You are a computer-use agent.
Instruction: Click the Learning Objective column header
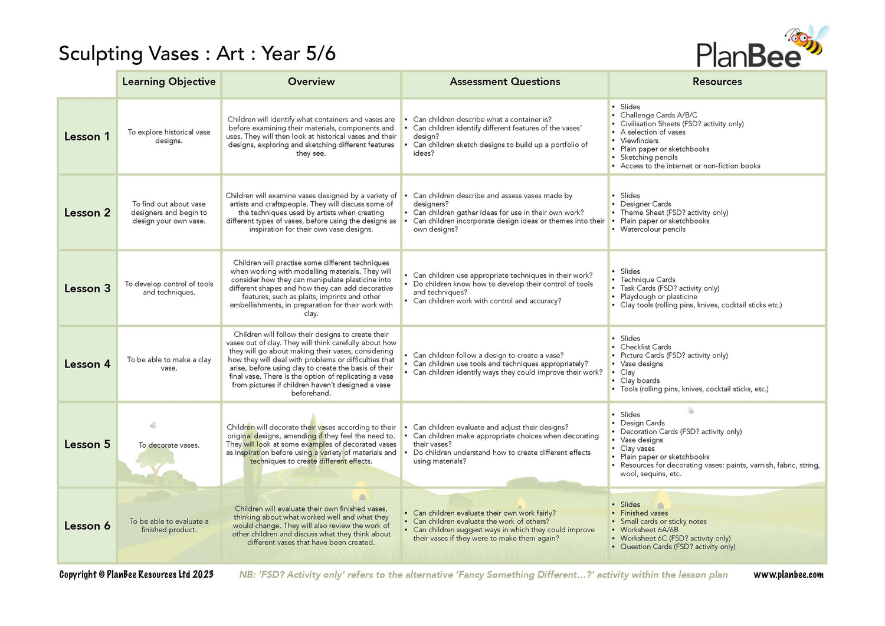click(169, 82)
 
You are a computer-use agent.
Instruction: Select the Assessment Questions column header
click(504, 82)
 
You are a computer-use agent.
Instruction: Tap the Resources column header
click(717, 82)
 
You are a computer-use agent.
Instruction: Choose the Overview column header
click(311, 82)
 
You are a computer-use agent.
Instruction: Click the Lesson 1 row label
click(87, 137)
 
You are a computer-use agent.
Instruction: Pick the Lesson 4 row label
click(87, 365)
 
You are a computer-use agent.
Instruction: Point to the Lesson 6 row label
click(87, 526)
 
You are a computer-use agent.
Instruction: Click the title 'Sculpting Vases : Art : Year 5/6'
click(197, 54)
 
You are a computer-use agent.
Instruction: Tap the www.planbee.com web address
click(788, 575)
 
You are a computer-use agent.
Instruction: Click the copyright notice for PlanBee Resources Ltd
click(136, 575)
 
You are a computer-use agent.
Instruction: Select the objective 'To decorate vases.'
click(169, 445)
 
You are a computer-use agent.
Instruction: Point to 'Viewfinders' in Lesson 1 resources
click(639, 141)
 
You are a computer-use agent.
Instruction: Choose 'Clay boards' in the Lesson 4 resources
click(640, 381)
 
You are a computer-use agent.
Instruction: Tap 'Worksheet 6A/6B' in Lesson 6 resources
click(649, 530)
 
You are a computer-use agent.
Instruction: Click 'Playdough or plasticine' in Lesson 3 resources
click(658, 297)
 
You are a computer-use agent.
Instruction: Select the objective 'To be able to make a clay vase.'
click(169, 364)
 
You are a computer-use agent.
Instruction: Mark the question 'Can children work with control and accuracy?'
click(487, 301)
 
